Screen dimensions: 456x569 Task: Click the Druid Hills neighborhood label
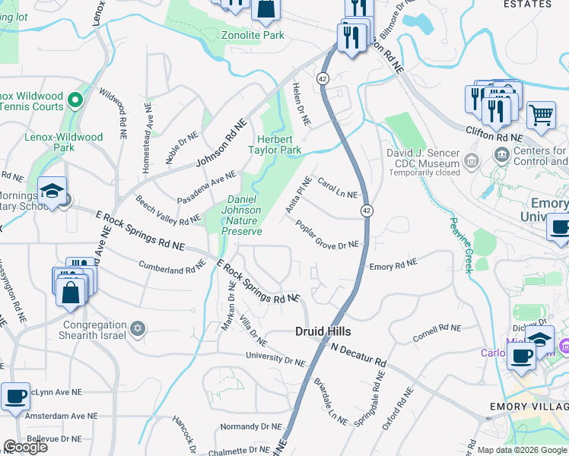pos(323,332)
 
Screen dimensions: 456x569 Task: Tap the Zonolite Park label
pos(252,35)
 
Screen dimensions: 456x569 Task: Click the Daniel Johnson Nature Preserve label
pos(241,215)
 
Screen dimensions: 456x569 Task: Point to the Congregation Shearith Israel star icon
pos(138,328)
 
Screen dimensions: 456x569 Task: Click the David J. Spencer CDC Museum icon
pos(471,160)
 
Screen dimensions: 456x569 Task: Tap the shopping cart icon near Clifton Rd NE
pos(541,115)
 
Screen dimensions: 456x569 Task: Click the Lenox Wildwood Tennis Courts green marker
pos(75,99)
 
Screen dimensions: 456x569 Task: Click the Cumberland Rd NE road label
pos(172,268)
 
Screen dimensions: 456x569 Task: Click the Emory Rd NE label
pos(393,265)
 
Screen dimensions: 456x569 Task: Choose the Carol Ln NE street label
pos(337,188)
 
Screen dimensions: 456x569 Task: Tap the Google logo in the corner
pos(25,446)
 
